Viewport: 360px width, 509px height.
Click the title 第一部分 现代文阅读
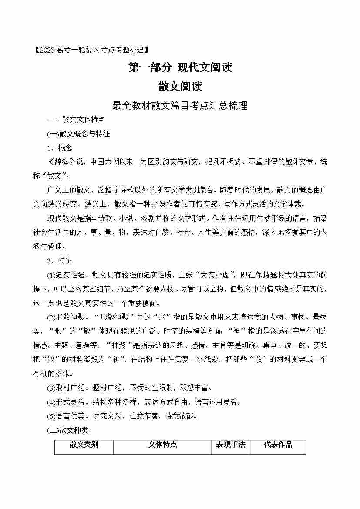click(x=180, y=67)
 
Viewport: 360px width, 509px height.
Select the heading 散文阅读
click(x=180, y=86)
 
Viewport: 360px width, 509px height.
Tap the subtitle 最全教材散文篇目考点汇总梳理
click(x=180, y=105)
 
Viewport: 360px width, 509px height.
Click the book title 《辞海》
click(x=61, y=162)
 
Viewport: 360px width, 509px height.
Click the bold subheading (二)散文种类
click(x=67, y=430)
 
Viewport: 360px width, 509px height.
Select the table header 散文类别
click(x=84, y=445)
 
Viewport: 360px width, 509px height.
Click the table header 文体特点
click(x=162, y=445)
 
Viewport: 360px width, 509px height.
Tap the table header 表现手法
click(x=231, y=445)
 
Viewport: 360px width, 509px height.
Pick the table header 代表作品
click(x=278, y=445)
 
